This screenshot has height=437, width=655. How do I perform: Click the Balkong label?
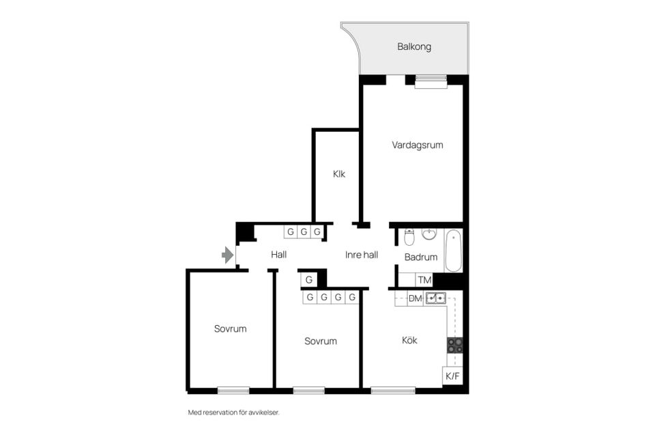tap(414, 46)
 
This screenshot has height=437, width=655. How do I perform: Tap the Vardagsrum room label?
tap(418, 145)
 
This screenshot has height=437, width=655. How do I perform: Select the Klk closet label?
tap(339, 174)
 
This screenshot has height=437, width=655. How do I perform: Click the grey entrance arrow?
tap(228, 255)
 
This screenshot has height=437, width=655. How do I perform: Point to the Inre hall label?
tap(362, 255)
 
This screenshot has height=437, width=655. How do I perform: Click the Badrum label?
tap(421, 257)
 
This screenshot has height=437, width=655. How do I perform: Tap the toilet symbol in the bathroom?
tap(409, 237)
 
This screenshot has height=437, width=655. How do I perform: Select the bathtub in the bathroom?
tap(453, 251)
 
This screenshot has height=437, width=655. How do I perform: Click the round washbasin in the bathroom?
tap(429, 234)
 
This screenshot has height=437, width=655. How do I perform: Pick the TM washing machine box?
tap(424, 280)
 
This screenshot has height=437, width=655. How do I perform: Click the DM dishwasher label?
tap(415, 298)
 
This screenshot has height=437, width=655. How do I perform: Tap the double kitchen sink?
tap(436, 298)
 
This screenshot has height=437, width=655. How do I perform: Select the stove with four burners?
tap(455, 346)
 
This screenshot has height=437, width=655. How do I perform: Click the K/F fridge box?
tap(452, 376)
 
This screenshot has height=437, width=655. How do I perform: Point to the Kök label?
tap(409, 341)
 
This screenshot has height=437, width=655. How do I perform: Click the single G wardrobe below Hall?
tap(308, 280)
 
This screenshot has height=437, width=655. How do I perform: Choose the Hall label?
tap(278, 254)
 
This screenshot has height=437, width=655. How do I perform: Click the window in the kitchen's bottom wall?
tap(393, 391)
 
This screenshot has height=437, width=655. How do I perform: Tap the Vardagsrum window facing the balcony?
tap(431, 82)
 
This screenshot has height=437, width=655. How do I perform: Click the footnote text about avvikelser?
tap(233, 412)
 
